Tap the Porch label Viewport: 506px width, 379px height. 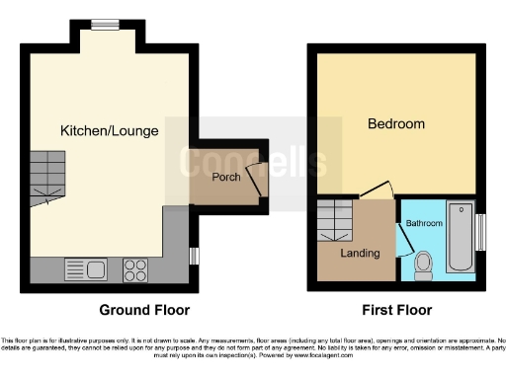click(225, 177)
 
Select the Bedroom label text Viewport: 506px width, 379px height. click(396, 123)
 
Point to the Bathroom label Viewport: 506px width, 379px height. click(424, 223)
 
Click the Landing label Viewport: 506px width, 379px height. click(360, 254)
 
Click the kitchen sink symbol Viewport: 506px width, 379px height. click(85, 267)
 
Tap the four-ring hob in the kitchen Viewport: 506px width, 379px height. click(135, 267)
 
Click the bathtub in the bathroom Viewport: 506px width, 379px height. click(460, 237)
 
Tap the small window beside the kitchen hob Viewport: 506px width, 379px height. click(194, 256)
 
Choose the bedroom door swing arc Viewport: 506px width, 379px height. click(377, 189)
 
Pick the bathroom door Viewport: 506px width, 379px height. click(402, 237)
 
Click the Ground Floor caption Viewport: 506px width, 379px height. click(144, 310)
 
